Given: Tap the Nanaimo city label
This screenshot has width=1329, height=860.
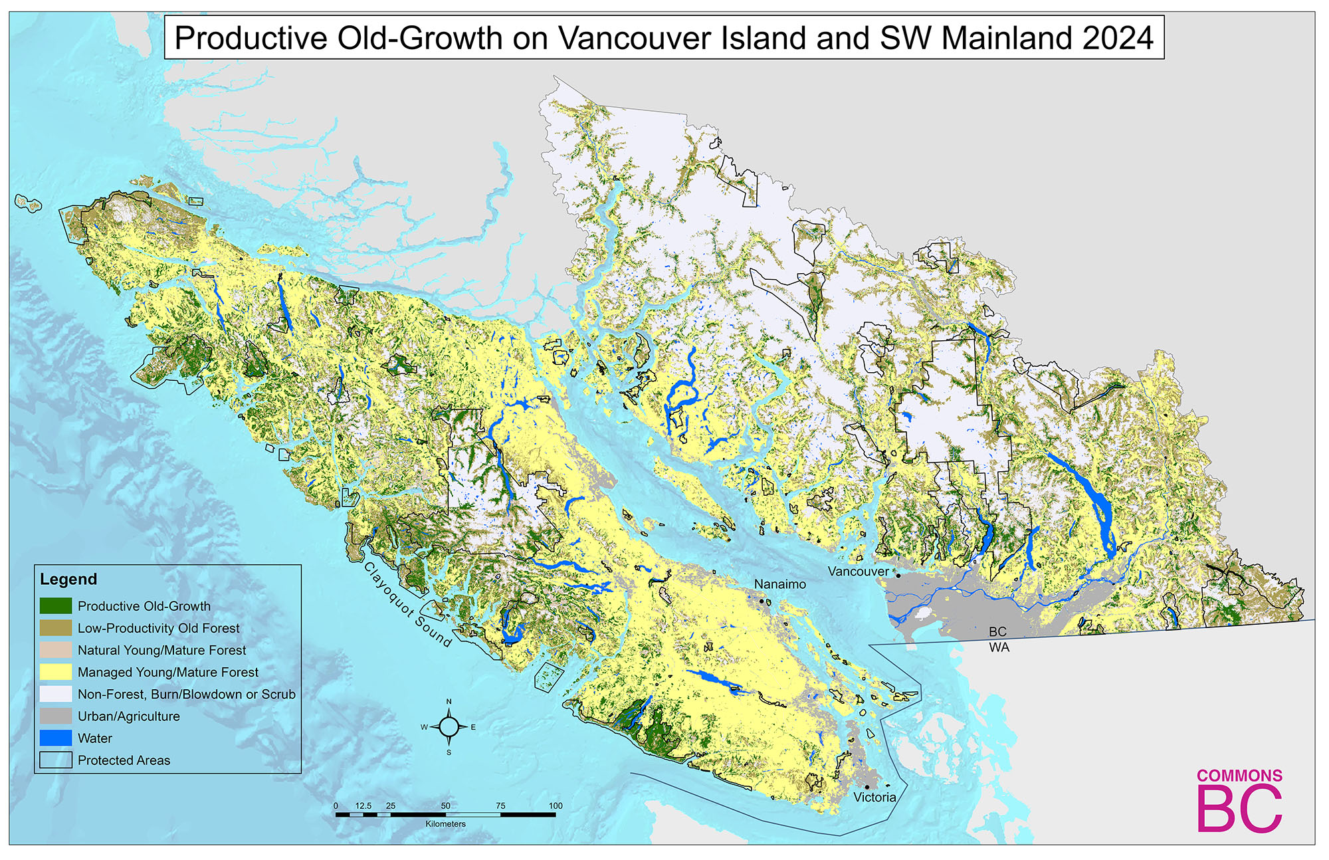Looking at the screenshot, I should pos(779,584).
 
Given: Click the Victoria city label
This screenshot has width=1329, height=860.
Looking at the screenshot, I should pos(874,797).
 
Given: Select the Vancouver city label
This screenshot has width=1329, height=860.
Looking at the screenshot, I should pos(857,571).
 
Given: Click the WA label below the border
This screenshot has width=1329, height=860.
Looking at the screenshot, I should pos(999,647).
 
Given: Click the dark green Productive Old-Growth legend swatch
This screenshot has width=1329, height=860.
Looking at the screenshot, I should pos(56,606).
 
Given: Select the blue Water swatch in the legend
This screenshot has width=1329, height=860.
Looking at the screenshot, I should pos(56,738).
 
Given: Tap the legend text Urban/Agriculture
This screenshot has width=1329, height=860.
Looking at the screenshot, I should pos(128,716).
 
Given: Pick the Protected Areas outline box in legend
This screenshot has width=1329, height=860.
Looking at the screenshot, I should pos(56,760).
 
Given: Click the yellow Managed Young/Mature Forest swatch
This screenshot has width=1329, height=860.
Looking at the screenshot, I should pos(56,672).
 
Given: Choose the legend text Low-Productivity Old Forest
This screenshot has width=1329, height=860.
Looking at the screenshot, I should pos(158,628).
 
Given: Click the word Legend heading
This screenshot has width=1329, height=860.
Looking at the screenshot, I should pos(68,579).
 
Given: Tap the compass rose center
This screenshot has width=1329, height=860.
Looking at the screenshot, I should pos(449,727).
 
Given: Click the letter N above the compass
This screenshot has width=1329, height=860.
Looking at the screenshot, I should pos(449,702).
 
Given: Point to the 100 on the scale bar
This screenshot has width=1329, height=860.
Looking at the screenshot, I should pos(556,806).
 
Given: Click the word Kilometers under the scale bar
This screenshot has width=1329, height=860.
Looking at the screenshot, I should pos(445,824).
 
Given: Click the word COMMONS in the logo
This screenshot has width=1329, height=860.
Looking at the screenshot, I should pos(1239,776).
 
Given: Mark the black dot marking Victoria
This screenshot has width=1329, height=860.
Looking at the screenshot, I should pos(867,787).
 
